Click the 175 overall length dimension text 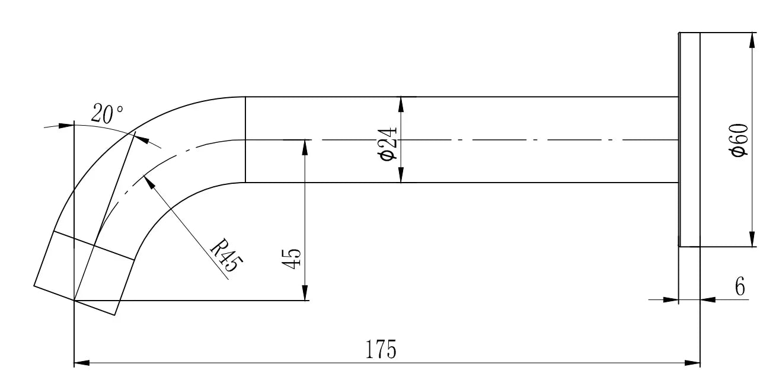pos(381,350)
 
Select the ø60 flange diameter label pos(740,141)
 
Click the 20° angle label pos(107,114)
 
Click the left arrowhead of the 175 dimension pos(81,362)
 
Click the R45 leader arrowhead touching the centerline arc pos(149,181)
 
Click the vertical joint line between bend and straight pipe pos(245,139)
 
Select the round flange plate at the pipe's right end pos(689,139)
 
